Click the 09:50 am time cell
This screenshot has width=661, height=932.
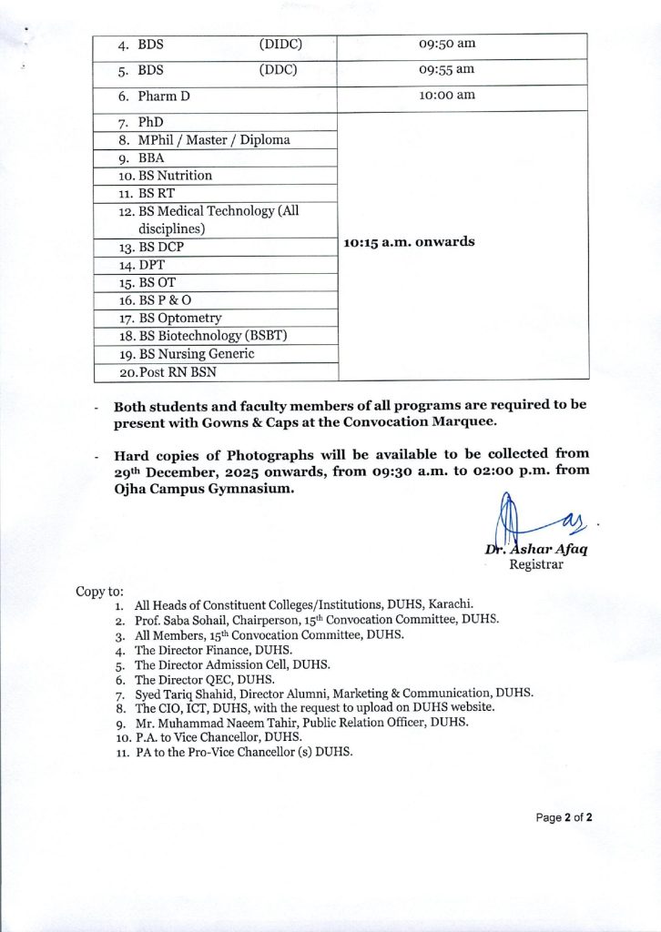(x=447, y=44)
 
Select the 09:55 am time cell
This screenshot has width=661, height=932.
(x=447, y=70)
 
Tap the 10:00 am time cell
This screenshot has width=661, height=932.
(x=447, y=96)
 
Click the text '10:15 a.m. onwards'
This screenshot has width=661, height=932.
(x=409, y=242)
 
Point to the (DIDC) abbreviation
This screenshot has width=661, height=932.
(x=280, y=44)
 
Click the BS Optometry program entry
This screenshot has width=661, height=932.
(x=179, y=318)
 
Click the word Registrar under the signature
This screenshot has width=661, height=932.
(x=535, y=564)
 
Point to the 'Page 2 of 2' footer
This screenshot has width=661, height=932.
(x=564, y=817)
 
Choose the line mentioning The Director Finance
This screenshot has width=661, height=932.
(x=213, y=650)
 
